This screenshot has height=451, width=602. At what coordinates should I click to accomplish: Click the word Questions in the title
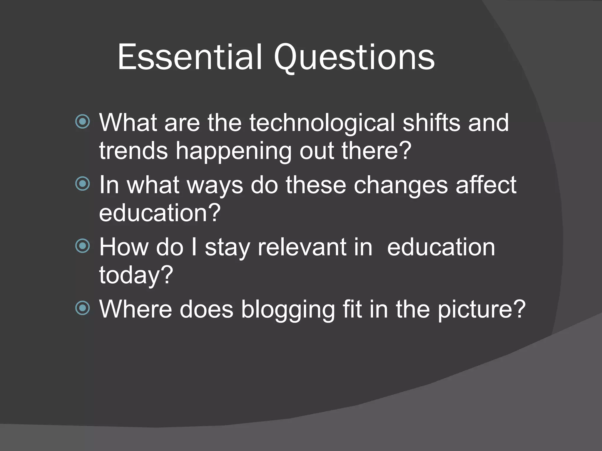354,58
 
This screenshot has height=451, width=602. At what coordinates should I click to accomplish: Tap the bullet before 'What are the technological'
83,122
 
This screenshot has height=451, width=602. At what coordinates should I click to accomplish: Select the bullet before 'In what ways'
83,184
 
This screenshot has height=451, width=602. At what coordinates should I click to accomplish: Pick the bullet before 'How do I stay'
83,246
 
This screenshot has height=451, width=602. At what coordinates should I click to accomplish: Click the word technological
322,123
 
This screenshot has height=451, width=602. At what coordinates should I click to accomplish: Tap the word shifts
431,123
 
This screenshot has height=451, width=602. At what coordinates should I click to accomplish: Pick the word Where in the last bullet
136,309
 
